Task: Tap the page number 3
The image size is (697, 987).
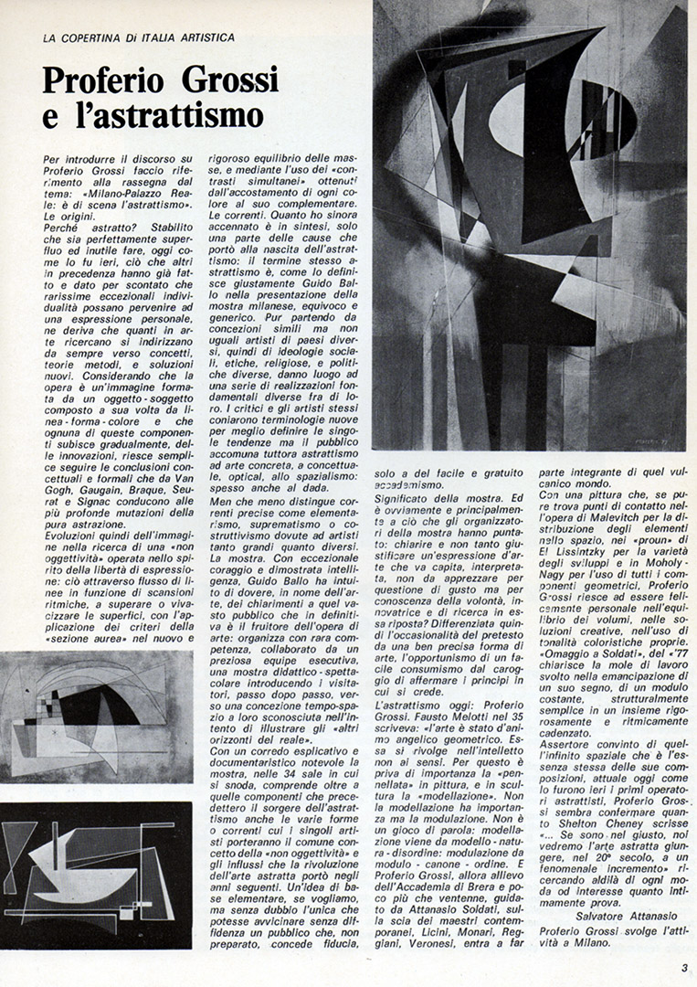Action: coord(684,970)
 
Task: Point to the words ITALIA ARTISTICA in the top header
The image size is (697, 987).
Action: coord(189,37)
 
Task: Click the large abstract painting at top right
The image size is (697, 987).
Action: coord(529,225)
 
